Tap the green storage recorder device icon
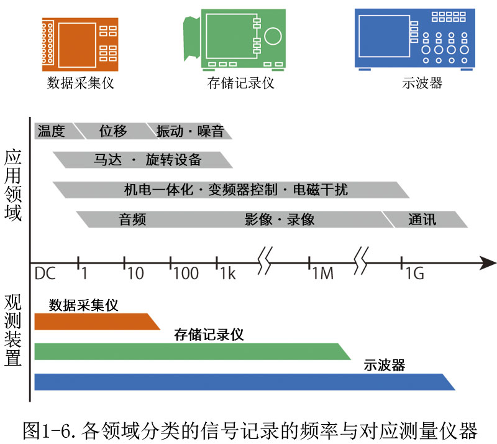(235, 39)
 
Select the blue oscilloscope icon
(413, 39)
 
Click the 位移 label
(113, 131)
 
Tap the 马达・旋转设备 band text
(148, 160)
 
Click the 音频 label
(132, 220)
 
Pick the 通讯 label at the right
(422, 220)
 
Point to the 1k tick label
(227, 274)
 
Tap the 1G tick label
(414, 274)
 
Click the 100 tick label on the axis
(186, 274)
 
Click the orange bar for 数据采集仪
(93, 321)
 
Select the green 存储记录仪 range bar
(186, 351)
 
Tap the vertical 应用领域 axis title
(13, 185)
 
